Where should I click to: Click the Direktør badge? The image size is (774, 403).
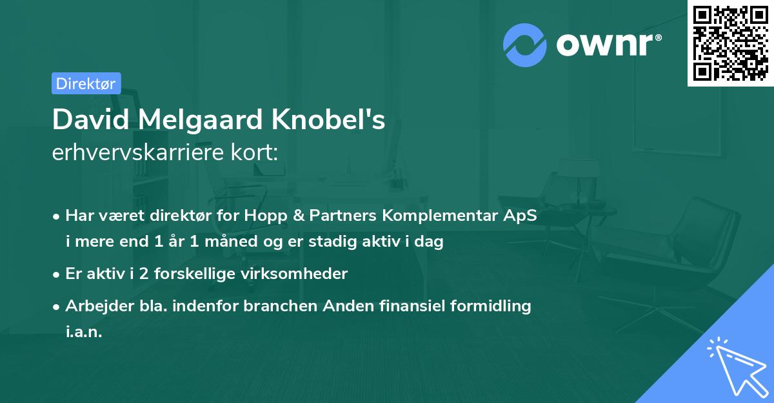(x=86, y=83)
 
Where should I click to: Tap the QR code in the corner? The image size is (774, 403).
(x=729, y=43)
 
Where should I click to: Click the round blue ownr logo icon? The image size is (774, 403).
(x=526, y=45)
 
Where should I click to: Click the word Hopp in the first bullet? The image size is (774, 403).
(x=263, y=216)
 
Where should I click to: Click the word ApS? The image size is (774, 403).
(x=521, y=216)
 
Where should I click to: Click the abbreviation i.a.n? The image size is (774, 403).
(x=84, y=331)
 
